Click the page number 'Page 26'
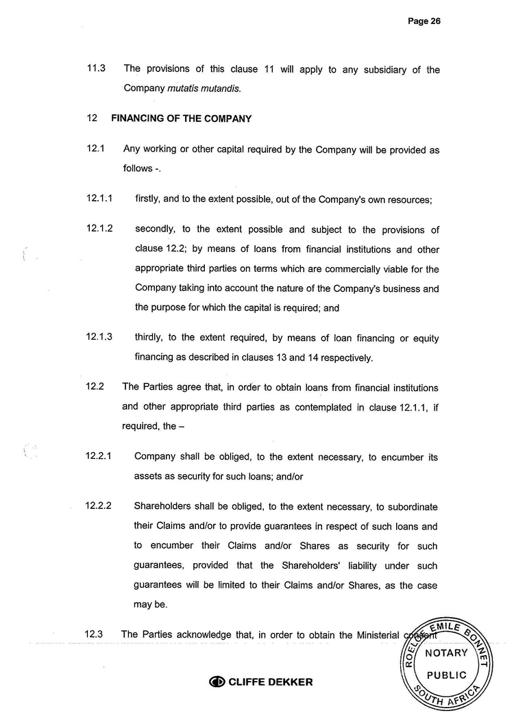tap(424, 21)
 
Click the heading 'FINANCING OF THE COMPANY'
tap(182, 119)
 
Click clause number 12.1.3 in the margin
tap(100, 337)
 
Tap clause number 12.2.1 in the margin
tap(100, 456)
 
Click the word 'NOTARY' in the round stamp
tap(447, 653)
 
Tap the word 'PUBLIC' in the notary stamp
tap(447, 675)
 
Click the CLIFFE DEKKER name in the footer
tap(270, 682)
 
